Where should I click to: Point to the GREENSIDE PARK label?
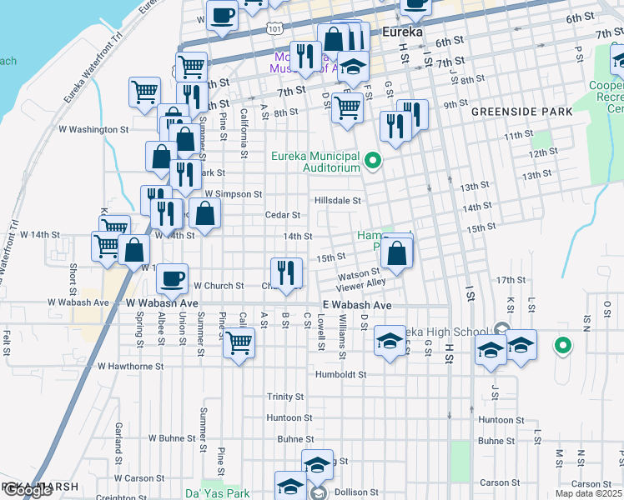tap(521, 112)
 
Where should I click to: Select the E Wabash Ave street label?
tap(357, 306)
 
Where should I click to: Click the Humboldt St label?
tap(340, 375)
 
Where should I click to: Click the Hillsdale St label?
tap(337, 201)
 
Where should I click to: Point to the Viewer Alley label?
tap(362, 283)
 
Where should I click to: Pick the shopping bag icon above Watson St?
tap(398, 252)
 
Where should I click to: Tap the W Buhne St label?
tap(171, 437)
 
